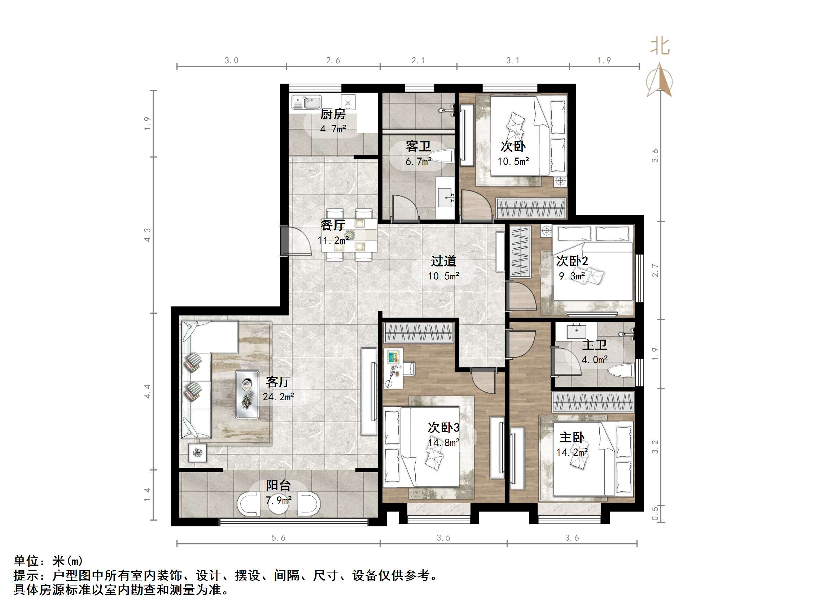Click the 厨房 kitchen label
[333, 114]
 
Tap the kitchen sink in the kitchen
[307, 103]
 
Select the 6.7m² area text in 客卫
[419, 162]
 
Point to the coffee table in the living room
[247, 394]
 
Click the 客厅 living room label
[278, 382]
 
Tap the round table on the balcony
[278, 504]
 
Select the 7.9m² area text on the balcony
[279, 500]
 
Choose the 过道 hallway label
[443, 261]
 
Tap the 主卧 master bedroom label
[572, 438]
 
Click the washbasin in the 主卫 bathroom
[576, 331]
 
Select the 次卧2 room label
[572, 261]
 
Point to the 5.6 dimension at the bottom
[278, 538]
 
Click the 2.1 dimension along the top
[418, 61]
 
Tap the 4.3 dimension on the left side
[148, 235]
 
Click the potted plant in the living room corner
[198, 453]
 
